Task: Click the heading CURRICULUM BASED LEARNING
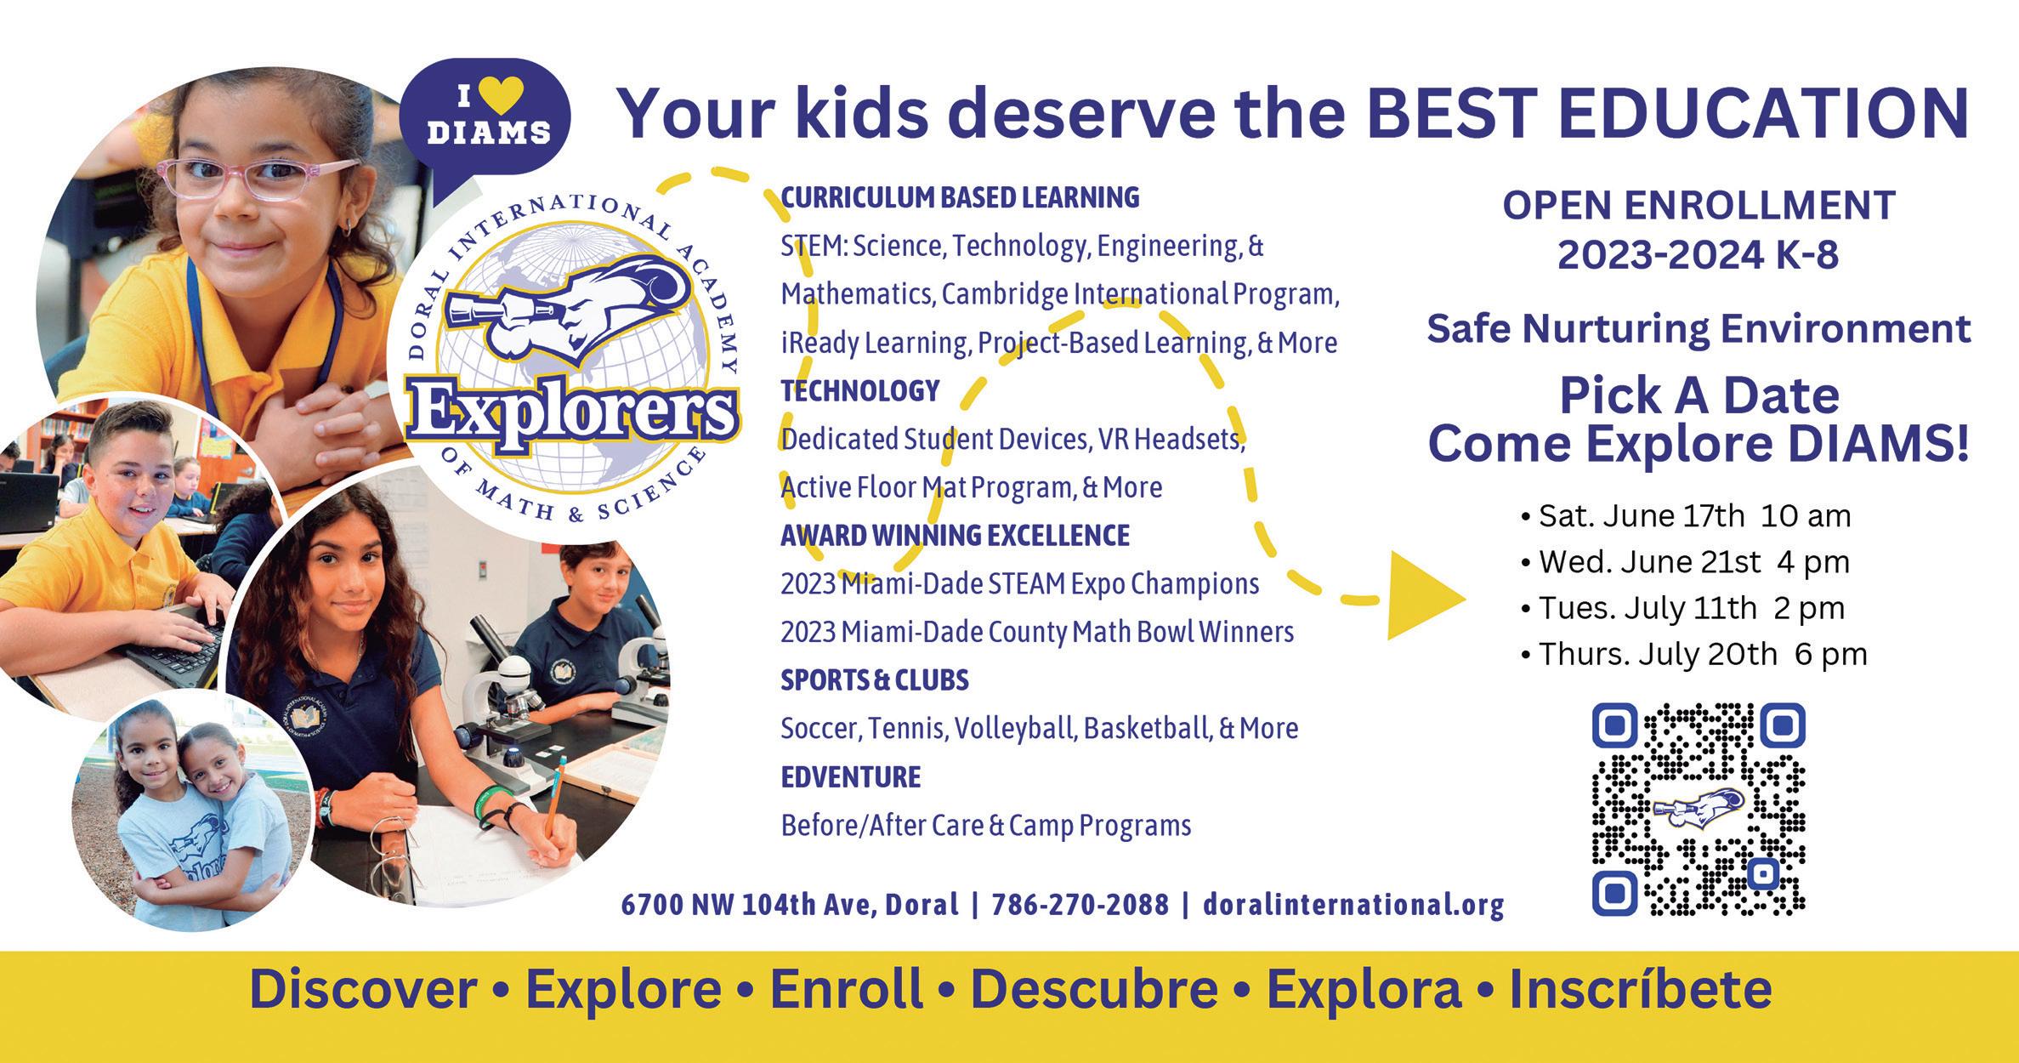click(x=960, y=197)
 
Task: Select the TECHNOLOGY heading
click(x=859, y=390)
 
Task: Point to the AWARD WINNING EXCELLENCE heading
click(x=955, y=535)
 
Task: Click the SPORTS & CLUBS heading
click(x=874, y=680)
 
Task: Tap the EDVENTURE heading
click(x=850, y=776)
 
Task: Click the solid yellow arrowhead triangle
click(x=1426, y=595)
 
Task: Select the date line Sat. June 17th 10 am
click(x=1685, y=516)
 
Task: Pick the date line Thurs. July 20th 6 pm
click(x=1693, y=654)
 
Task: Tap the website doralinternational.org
click(x=1353, y=905)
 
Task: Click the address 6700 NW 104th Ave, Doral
click(x=790, y=905)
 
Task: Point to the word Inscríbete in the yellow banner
click(x=1640, y=989)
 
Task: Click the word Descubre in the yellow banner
click(x=1094, y=989)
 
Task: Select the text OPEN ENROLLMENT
click(x=1699, y=206)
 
